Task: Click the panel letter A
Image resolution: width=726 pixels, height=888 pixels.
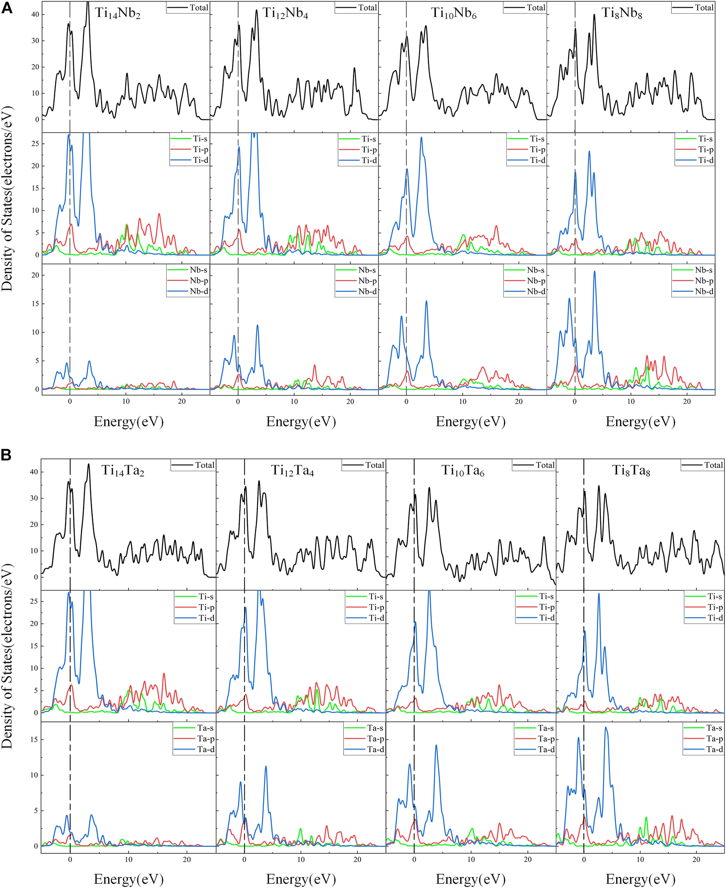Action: click(7, 8)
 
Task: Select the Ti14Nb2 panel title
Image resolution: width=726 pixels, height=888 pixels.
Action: click(118, 14)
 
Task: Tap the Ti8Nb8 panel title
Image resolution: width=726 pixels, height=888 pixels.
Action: click(622, 14)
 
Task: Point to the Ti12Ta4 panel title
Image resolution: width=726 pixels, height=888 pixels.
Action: click(292, 471)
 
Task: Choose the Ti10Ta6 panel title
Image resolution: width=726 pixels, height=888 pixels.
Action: click(463, 471)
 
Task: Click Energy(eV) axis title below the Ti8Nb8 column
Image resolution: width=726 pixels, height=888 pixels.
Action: click(640, 422)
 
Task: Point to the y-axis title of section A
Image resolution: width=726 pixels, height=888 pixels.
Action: click(7, 199)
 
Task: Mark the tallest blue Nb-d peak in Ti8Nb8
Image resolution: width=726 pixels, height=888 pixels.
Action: click(594, 271)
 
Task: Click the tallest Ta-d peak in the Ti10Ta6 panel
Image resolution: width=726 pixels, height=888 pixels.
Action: click(436, 745)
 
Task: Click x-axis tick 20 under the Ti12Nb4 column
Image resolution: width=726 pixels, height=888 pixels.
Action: click(350, 402)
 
